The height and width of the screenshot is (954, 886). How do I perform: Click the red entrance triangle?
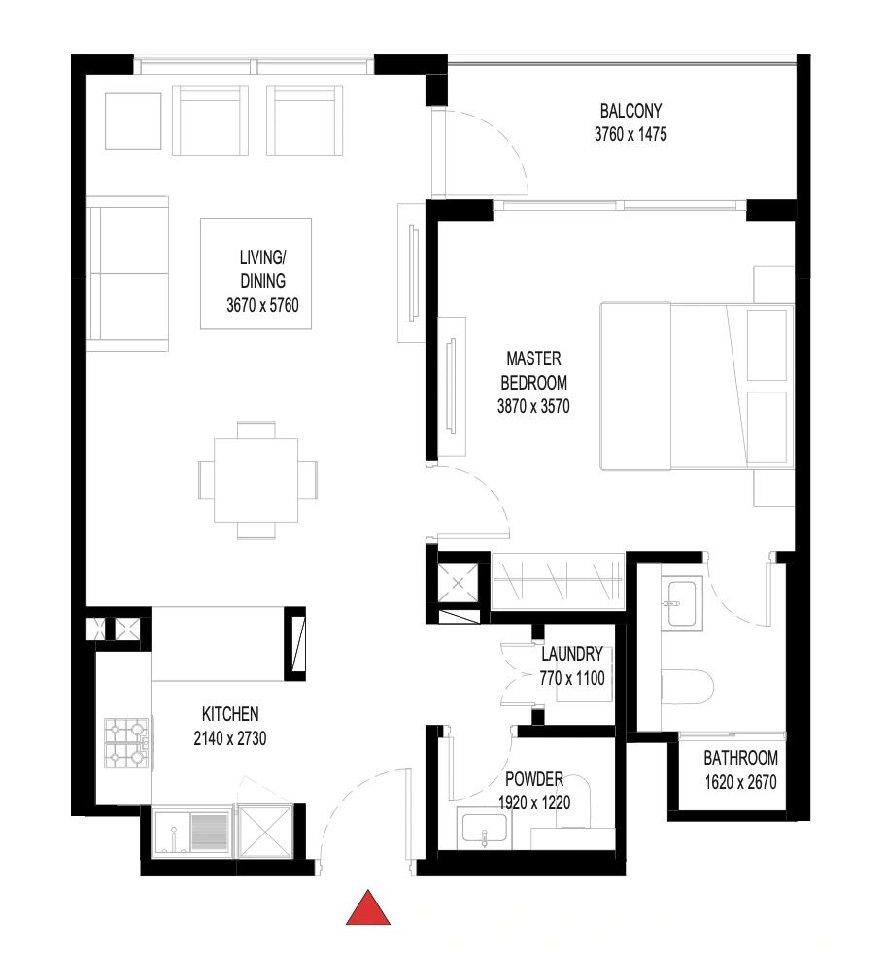coord(368,907)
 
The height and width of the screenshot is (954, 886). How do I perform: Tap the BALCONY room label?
coord(630,111)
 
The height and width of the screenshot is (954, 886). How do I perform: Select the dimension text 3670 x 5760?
coord(263,305)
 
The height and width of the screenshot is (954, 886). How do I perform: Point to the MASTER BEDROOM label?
coord(533,370)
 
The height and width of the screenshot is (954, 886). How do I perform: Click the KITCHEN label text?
coord(230,714)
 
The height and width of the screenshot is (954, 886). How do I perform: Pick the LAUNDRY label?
coord(572,654)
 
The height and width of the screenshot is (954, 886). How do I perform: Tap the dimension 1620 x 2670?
coord(740,782)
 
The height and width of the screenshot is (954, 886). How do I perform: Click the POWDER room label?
coord(534,779)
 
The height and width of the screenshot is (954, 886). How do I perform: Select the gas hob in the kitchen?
coord(126,743)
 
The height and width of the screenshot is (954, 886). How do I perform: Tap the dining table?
coord(256,480)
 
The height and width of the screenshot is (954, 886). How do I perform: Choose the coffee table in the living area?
coord(256,274)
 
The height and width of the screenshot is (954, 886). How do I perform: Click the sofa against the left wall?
coord(128,273)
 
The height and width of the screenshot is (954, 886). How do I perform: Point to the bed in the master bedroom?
coord(698,387)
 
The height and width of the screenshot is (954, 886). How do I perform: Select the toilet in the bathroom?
coord(687,687)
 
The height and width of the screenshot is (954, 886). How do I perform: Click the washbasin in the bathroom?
coord(682,603)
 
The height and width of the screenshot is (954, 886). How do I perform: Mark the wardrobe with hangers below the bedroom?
coord(558,580)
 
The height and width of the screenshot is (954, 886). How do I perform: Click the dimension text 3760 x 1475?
coord(630,134)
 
